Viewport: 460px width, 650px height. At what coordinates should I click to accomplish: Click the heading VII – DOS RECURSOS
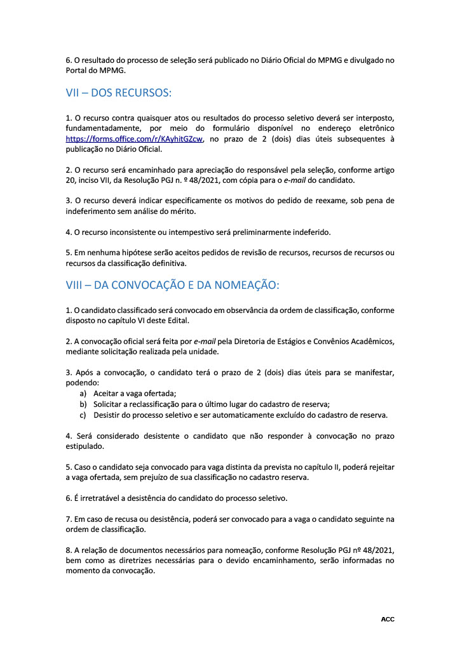coord(118,93)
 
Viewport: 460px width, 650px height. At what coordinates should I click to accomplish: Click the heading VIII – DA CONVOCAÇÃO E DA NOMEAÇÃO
coord(172,286)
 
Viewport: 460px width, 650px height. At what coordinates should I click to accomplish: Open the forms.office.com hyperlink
coord(134,140)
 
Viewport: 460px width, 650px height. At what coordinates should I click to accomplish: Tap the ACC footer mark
coord(388,619)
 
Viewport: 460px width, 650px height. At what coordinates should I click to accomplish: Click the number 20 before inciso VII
coord(71,180)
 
